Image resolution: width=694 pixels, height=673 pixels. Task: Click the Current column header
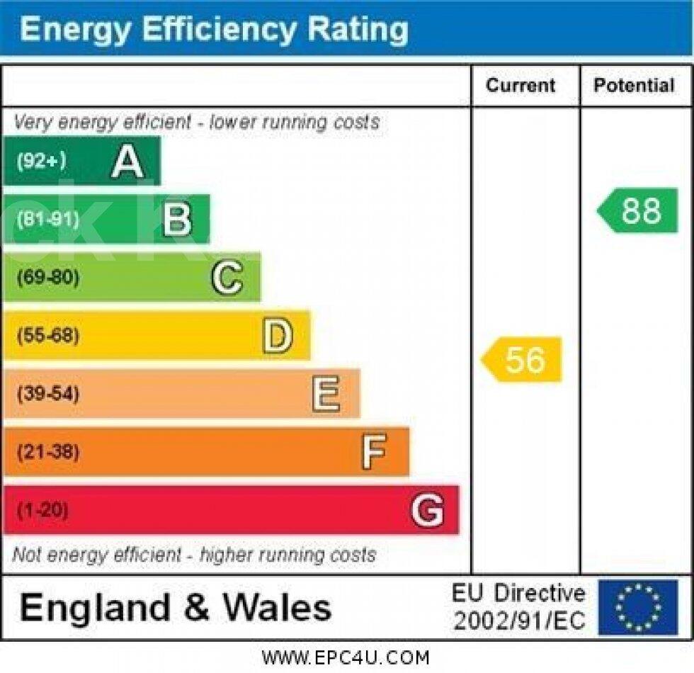pos(520,86)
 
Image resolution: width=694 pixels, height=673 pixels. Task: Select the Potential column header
pos(634,86)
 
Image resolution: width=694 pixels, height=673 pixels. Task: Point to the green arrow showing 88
pos(639,211)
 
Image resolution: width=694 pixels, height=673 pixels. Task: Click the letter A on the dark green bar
pos(127,162)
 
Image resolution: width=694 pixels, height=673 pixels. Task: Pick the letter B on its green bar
pos(177,220)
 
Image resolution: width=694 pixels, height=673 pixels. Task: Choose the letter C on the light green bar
pos(227,278)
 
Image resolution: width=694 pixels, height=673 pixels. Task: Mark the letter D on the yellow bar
pos(278,336)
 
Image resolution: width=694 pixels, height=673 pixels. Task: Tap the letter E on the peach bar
pos(326,394)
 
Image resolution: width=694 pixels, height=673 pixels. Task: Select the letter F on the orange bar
pos(375,452)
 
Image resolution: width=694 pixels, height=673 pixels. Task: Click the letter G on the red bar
pos(428,510)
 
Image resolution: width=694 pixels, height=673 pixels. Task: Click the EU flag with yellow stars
pos(637,607)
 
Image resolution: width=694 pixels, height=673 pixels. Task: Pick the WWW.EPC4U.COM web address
pos(346,658)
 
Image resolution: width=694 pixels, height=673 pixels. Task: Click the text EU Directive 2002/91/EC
pos(519,607)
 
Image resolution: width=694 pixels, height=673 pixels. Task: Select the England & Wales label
pos(176,608)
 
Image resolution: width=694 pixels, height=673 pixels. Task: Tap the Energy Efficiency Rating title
pos(214,30)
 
